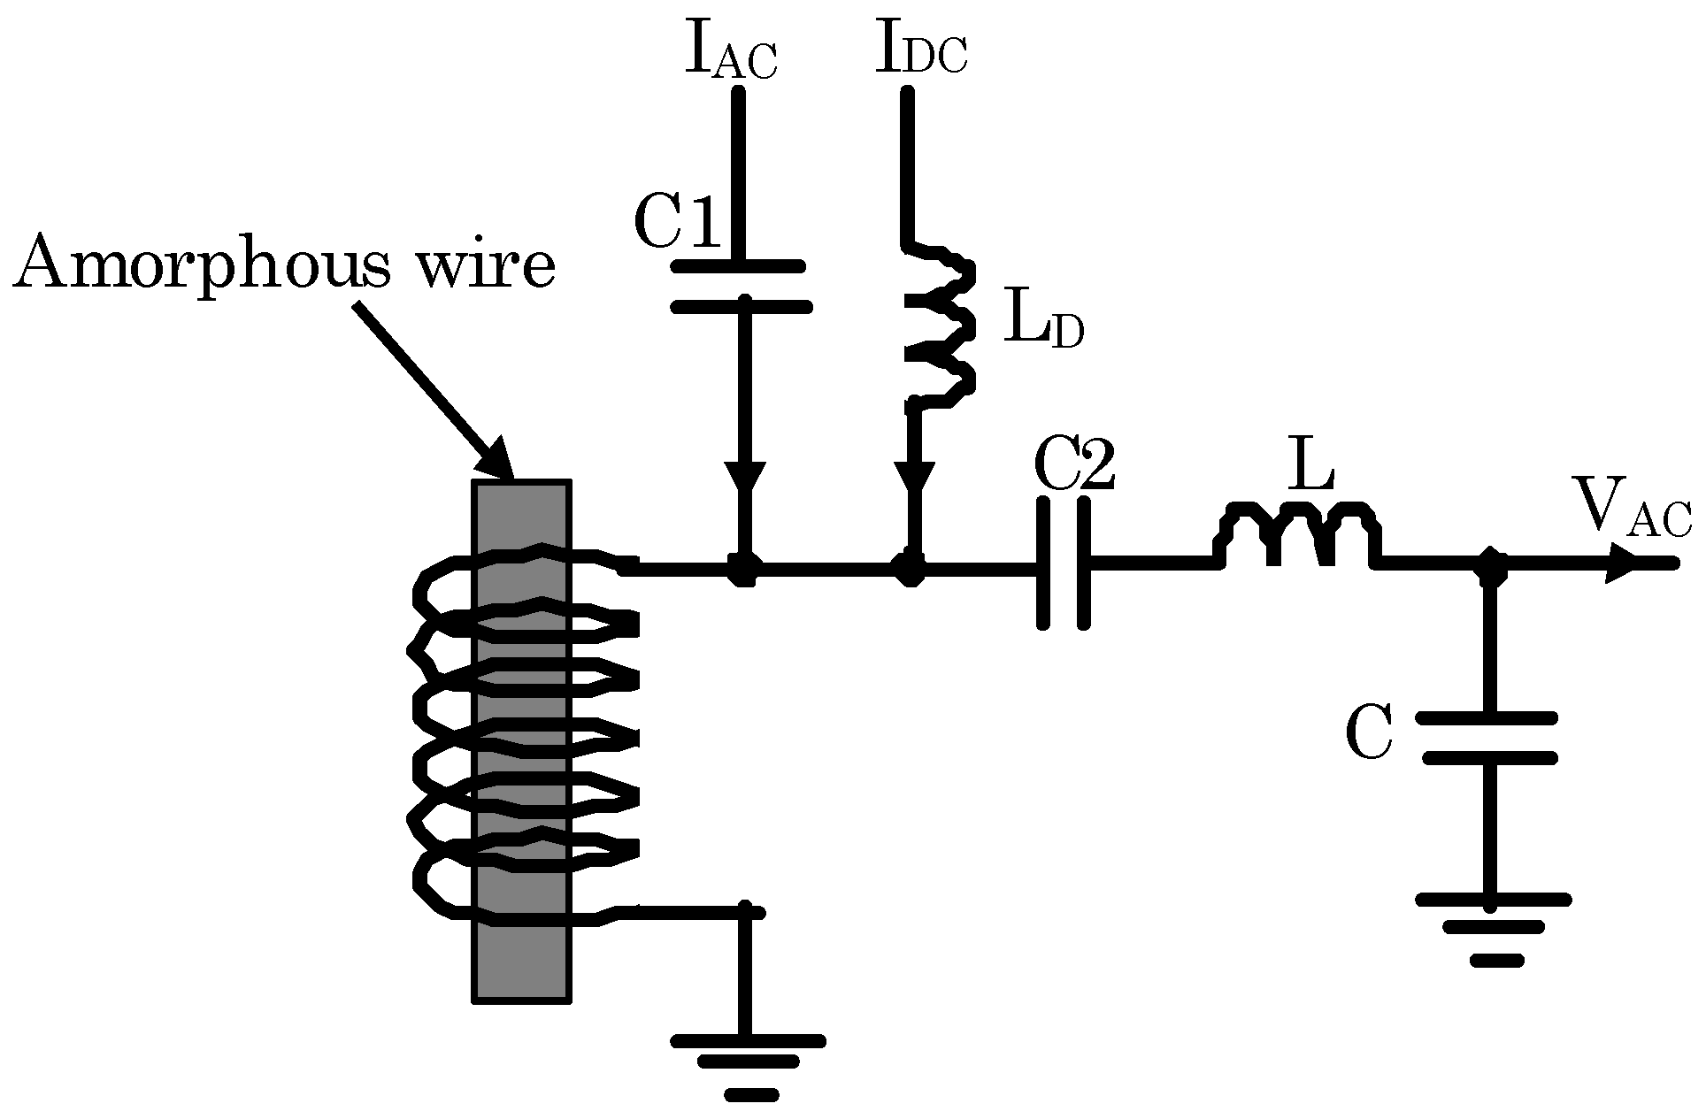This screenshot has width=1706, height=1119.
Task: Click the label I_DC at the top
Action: [x=920, y=51]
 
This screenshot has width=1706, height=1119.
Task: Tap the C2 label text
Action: [x=1073, y=466]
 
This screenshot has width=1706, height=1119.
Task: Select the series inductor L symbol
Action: [x=1296, y=534]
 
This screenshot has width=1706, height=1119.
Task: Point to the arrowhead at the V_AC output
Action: [x=1623, y=563]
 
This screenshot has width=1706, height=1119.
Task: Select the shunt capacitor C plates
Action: [x=1489, y=738]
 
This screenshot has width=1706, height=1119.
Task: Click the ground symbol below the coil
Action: [x=749, y=1066]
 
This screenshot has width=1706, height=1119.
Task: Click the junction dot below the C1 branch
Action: [x=742, y=569]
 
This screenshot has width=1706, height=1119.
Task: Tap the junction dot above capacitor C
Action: [x=1492, y=564]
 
